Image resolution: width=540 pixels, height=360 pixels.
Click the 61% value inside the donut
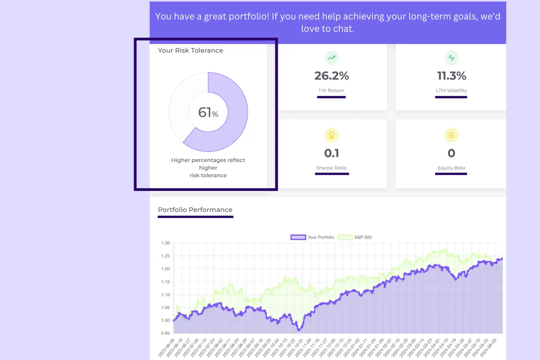(208, 112)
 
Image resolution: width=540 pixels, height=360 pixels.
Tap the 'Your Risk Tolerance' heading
(190, 50)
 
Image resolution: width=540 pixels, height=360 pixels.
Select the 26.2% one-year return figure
(332, 76)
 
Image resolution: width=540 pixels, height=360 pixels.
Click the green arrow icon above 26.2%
(332, 58)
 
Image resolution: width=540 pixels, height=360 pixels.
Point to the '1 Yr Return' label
(332, 90)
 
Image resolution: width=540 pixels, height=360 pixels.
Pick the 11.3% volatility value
(451, 76)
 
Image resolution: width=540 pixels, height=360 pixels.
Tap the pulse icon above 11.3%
(451, 58)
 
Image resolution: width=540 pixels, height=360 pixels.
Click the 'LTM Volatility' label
(451, 90)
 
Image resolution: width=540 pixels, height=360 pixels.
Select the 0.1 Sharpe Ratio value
(332, 153)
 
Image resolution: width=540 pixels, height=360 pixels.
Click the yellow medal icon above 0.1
(332, 135)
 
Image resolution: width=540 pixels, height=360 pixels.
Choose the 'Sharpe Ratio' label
(332, 168)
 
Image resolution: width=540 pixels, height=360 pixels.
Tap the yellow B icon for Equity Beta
(451, 135)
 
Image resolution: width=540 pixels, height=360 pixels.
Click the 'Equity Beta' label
(451, 168)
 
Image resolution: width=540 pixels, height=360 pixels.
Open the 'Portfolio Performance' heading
(195, 210)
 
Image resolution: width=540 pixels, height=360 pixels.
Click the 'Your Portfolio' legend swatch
(298, 237)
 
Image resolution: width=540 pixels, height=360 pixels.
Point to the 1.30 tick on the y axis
(165, 243)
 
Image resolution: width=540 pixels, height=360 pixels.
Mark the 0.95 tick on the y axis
(165, 333)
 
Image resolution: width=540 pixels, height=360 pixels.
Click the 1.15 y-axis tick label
(165, 282)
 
